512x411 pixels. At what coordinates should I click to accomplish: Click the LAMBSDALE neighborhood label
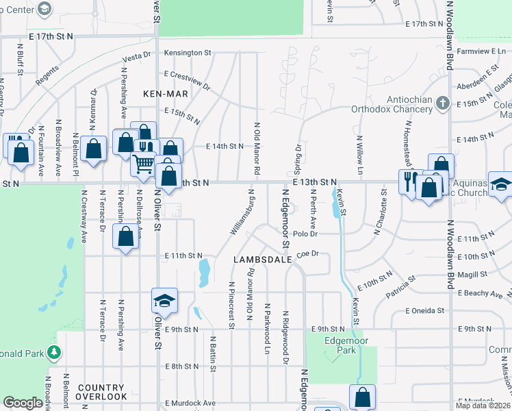(263, 260)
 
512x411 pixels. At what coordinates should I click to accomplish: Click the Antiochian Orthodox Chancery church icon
(443, 103)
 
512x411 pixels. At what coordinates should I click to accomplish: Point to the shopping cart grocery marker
(143, 164)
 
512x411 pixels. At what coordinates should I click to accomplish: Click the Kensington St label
(188, 53)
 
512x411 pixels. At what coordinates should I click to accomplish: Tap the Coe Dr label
(308, 253)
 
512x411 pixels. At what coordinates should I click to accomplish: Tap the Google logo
(23, 403)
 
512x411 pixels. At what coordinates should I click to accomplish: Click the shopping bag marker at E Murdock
(362, 397)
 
